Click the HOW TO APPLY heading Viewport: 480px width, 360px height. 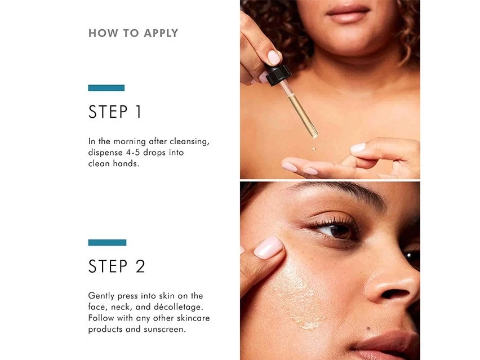[133, 33]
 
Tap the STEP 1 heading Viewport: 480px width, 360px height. [115, 112]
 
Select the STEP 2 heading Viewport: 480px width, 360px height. [117, 266]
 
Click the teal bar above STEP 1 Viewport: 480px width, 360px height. [106, 88]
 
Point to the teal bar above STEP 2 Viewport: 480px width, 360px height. [107, 242]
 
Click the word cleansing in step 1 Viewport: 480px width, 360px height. [189, 142]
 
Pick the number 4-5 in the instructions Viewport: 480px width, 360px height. [133, 153]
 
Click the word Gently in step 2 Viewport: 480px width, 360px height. [101, 296]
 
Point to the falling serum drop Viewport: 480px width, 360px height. [314, 149]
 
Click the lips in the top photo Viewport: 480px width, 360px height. [348, 13]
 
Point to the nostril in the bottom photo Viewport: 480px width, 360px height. [393, 294]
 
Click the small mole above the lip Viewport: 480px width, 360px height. [368, 329]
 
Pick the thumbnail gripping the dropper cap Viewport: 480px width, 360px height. [273, 57]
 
